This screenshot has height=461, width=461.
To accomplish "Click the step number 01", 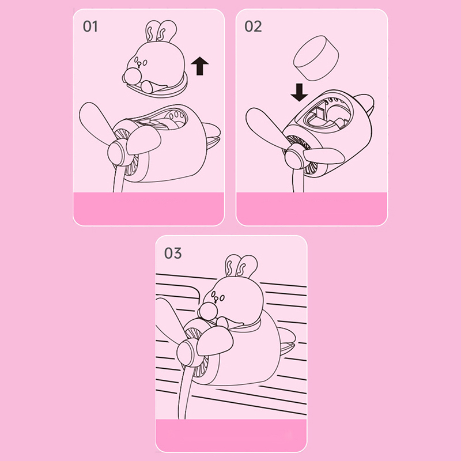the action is [x=90, y=27].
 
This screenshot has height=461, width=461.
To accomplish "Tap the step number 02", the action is [x=253, y=27].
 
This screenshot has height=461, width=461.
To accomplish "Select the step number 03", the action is [x=173, y=253].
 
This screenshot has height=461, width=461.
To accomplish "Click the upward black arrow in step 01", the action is [x=200, y=66].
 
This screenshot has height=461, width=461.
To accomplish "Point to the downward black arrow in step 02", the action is [x=299, y=92].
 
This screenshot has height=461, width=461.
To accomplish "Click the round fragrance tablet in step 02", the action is [x=316, y=58].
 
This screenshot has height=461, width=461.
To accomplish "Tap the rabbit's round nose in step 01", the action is [x=131, y=76].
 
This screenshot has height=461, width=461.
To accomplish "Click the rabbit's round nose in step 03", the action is [x=207, y=311].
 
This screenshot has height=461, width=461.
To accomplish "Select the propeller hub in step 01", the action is [x=117, y=152].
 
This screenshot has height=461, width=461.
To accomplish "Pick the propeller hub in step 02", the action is [x=294, y=160].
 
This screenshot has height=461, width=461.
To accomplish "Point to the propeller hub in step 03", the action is [x=187, y=353].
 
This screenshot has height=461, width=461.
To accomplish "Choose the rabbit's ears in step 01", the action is [x=161, y=31].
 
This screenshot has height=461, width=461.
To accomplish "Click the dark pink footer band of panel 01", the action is [x=149, y=209].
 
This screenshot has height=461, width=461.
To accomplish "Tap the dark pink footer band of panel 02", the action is [x=312, y=209].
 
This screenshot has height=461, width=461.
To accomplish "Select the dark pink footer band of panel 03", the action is [x=231, y=436].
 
